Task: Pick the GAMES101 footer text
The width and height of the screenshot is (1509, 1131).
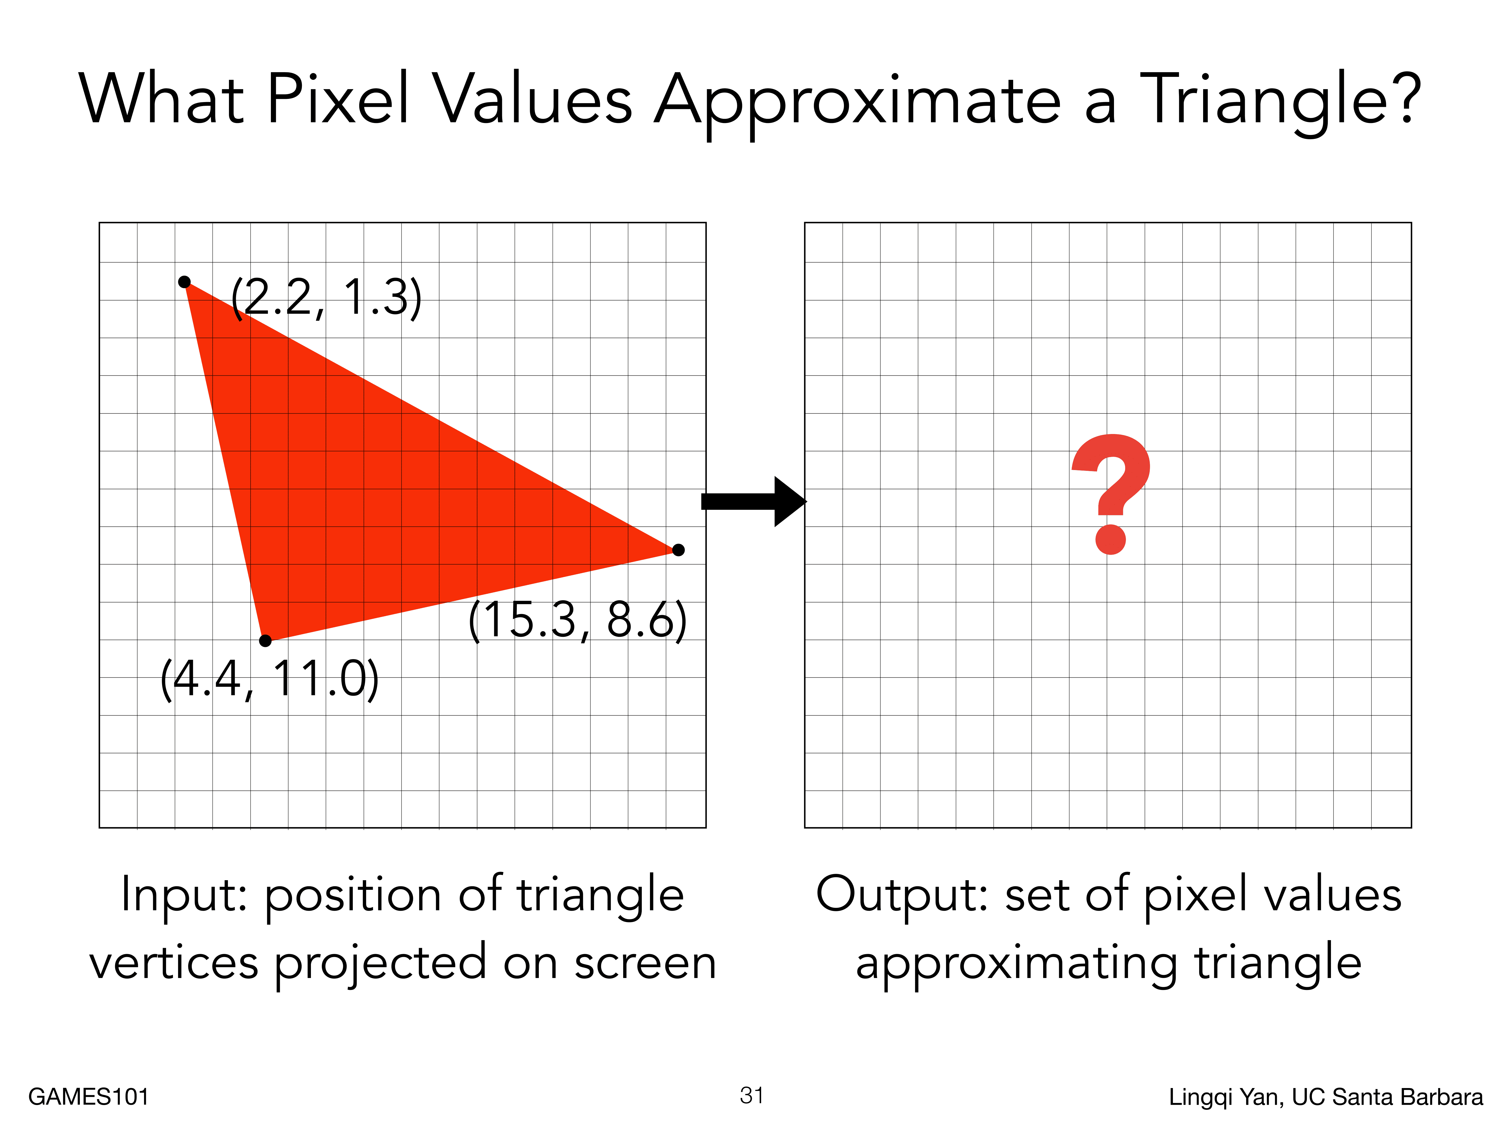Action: pos(89,1097)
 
